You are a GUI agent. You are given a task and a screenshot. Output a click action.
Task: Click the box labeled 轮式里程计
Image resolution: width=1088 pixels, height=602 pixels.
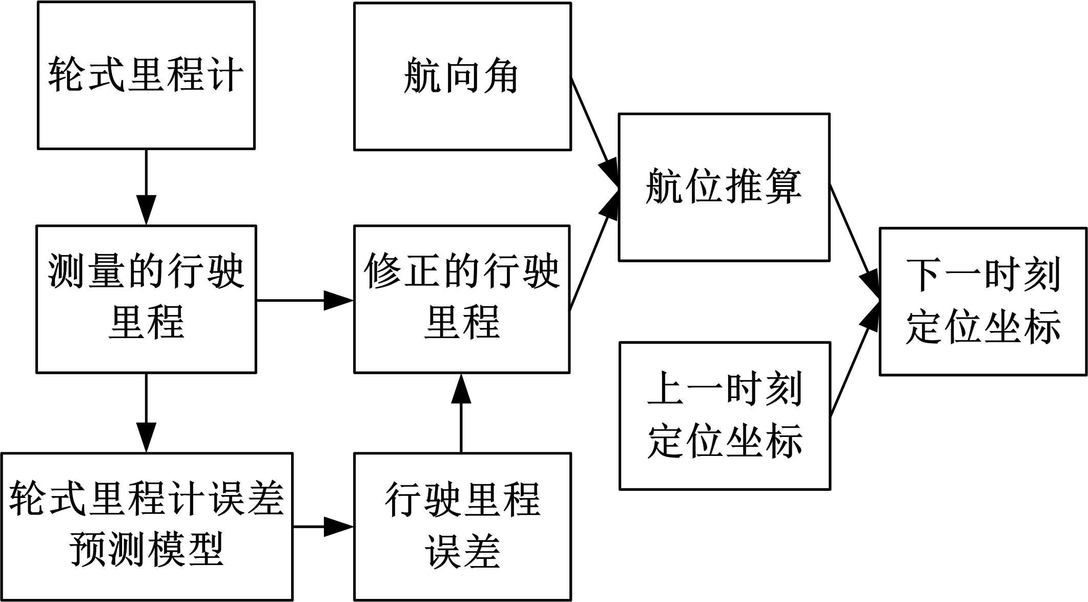[146, 75]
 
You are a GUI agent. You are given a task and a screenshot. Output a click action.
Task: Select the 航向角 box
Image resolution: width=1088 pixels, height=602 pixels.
[462, 76]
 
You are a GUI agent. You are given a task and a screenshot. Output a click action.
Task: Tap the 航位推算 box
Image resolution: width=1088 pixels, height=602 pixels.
[724, 187]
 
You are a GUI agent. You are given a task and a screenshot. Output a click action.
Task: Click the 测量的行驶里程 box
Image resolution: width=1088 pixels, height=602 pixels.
[146, 299]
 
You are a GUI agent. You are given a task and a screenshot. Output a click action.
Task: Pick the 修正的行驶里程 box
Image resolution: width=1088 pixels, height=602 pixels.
[462, 299]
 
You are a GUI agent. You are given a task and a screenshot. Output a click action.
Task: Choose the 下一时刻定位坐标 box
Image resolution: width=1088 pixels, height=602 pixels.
[983, 301]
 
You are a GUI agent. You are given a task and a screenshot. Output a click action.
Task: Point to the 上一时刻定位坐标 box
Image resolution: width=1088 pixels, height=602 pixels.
[725, 416]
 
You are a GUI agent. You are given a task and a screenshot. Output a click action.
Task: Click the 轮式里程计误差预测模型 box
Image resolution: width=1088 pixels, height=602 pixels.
[147, 527]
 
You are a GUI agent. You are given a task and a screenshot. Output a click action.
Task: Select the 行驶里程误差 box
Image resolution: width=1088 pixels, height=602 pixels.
[462, 527]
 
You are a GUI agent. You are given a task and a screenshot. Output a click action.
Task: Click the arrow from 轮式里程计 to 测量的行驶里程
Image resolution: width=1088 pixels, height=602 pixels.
[147, 187]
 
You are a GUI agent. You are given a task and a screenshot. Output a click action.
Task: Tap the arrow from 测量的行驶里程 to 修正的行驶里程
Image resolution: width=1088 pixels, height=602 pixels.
[305, 300]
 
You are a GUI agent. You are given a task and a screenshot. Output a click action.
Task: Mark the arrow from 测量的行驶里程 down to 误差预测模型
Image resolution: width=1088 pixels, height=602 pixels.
[147, 413]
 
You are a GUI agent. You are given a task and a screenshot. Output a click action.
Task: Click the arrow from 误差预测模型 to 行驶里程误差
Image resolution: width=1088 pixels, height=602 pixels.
[323, 526]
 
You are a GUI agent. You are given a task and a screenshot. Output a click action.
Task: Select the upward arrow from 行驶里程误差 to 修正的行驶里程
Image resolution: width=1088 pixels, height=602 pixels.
[462, 413]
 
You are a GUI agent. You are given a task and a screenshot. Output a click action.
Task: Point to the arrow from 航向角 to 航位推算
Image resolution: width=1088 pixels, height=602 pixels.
[594, 131]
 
